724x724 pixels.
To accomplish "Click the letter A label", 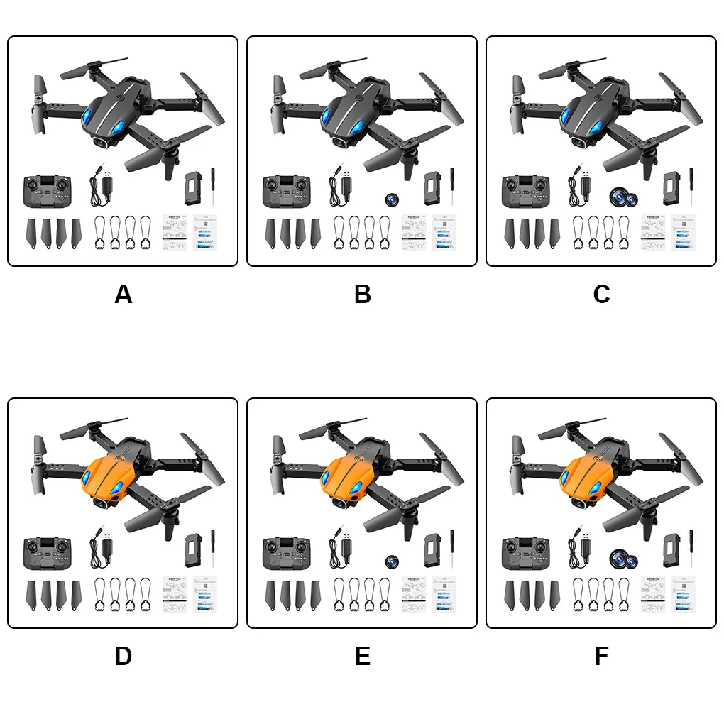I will click(x=123, y=294).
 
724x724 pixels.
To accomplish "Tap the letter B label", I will click(x=362, y=294).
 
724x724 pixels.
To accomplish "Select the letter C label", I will click(x=601, y=294).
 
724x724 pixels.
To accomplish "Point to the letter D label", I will click(x=123, y=657).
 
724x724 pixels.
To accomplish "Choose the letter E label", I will click(x=362, y=657).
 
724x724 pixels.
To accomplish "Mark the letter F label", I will click(x=601, y=657).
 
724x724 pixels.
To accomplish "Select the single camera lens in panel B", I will click(x=391, y=199).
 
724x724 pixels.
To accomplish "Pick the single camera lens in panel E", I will click(x=391, y=561).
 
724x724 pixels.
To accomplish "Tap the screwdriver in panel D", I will click(x=212, y=549).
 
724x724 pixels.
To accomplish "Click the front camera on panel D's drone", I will click(x=104, y=504).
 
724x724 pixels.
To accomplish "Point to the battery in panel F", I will click(x=670, y=550).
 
